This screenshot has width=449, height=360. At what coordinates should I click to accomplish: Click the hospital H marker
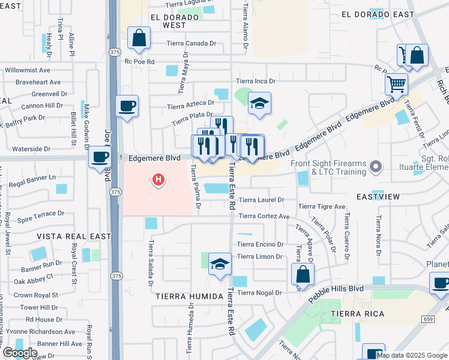[x=158, y=179]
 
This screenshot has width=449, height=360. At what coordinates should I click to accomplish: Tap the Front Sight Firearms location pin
[x=376, y=165]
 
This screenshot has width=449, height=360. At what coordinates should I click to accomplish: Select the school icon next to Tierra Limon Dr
[x=220, y=264]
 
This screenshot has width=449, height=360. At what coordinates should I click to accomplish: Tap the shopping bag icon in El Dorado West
[x=139, y=39]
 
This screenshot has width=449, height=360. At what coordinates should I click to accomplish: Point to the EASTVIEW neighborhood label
[x=378, y=197]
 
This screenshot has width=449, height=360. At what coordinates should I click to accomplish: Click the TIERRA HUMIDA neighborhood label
[x=181, y=296]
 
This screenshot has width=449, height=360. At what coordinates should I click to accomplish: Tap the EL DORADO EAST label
[x=378, y=14]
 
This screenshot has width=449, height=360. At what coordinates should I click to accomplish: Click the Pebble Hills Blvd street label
[x=336, y=294]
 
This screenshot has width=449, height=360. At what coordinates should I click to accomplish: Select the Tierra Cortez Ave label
[x=264, y=217]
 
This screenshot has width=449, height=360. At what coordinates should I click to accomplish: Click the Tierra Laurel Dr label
[x=261, y=200]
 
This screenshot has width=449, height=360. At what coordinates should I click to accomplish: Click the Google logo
[x=19, y=353]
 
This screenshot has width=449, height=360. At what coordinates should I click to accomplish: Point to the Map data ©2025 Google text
[x=412, y=355]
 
